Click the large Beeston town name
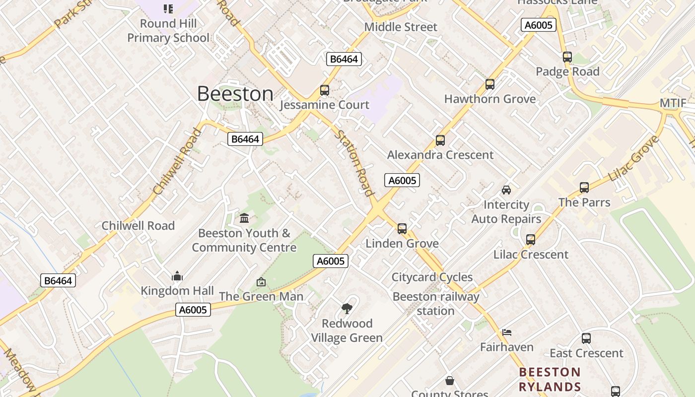click(235, 94)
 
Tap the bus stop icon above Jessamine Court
click(325, 90)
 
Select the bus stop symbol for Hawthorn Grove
click(490, 84)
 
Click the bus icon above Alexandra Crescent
click(440, 140)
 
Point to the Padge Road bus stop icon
click(567, 57)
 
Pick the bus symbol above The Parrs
click(584, 188)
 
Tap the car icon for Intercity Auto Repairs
click(506, 190)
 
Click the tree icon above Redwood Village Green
click(347, 309)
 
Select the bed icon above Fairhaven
click(506, 332)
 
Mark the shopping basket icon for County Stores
click(450, 381)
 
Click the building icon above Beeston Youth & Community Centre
click(244, 218)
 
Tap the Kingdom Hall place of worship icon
click(177, 276)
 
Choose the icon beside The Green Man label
click(261, 282)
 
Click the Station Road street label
click(354, 163)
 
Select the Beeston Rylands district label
click(550, 380)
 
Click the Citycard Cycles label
click(432, 277)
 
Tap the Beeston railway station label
click(436, 304)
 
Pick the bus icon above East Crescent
click(586, 338)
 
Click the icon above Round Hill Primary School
click(168, 8)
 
